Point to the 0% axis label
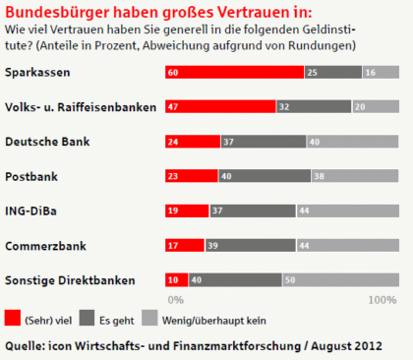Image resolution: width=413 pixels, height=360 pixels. (x=177, y=298)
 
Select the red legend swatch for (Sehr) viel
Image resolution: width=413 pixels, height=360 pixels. (x=13, y=318)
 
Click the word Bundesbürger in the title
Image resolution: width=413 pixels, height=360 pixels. (x=56, y=12)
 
